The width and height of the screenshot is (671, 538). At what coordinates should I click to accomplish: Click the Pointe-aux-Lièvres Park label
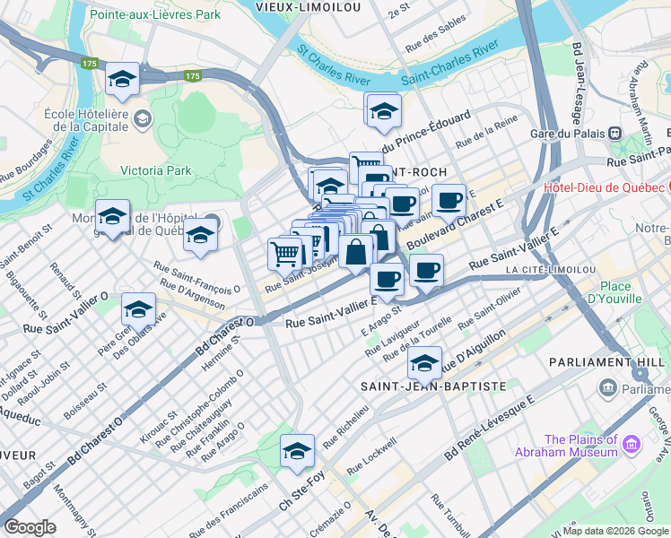tap(143, 15)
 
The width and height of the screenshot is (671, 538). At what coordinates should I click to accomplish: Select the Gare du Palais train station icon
tap(615, 133)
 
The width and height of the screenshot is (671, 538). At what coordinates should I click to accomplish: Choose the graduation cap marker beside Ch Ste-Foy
tap(297, 451)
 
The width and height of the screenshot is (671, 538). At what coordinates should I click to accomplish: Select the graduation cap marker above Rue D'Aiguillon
tap(424, 363)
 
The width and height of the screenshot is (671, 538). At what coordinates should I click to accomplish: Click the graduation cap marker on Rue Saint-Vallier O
tap(138, 309)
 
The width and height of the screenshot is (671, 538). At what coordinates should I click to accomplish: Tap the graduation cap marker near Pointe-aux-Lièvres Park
tap(122, 80)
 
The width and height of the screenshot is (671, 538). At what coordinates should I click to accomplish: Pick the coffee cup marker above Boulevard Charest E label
tap(449, 201)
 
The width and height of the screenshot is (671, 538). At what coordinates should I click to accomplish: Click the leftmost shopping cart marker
tap(285, 254)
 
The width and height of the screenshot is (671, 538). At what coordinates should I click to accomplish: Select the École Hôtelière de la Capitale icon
tap(142, 118)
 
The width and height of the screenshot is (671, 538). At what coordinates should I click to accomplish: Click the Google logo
tap(30, 527)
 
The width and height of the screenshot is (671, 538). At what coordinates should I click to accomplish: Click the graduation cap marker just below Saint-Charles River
tap(384, 111)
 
